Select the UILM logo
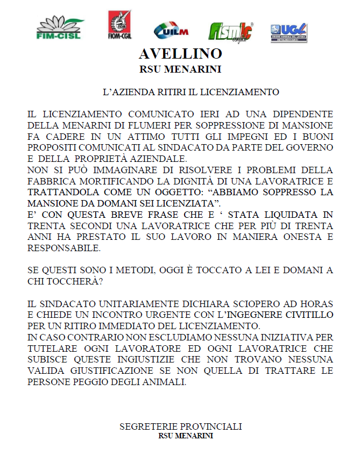click(171, 31)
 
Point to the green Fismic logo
click(231, 32)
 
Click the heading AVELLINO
click(180, 54)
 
